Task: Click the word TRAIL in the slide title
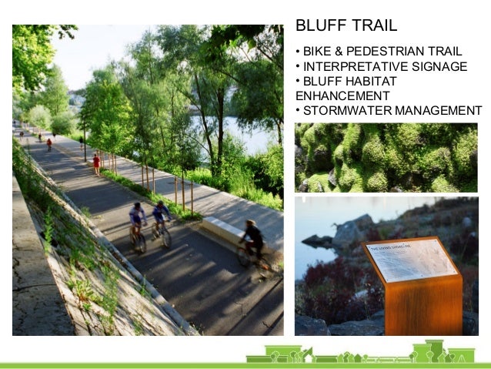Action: tap(372, 25)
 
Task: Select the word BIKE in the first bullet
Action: tap(317, 52)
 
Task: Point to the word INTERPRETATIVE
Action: tap(349, 66)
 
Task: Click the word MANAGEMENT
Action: tap(438, 110)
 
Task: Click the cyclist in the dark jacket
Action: tap(252, 240)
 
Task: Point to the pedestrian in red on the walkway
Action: tap(96, 163)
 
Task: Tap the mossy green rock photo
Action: tap(386, 157)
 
